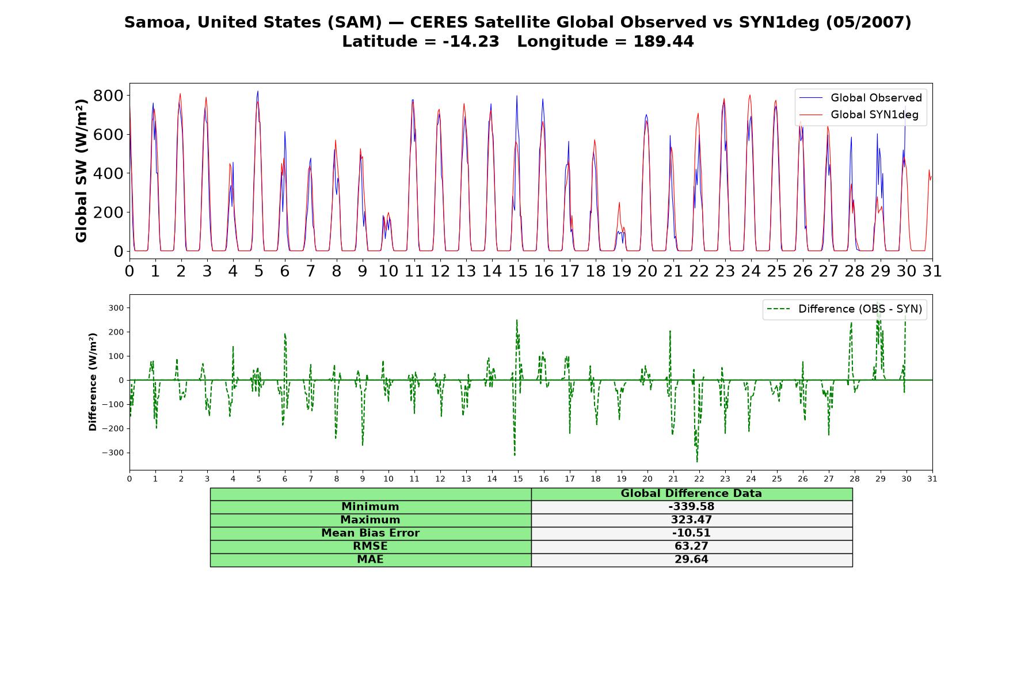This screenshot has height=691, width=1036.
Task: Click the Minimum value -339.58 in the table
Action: (x=691, y=507)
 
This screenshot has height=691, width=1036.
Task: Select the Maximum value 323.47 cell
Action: (x=691, y=520)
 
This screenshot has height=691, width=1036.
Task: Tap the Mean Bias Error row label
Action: (x=370, y=533)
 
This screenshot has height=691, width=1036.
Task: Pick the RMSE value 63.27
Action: (x=691, y=546)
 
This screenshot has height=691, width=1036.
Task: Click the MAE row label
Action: (x=370, y=560)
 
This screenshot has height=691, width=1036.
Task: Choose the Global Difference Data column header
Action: (x=691, y=493)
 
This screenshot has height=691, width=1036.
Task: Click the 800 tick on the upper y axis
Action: (x=108, y=96)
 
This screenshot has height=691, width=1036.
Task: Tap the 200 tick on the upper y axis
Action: (x=108, y=212)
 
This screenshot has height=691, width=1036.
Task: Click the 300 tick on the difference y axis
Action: (x=116, y=308)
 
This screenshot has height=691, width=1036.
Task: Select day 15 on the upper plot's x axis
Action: (x=517, y=271)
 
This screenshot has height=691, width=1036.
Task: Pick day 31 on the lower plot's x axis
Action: (x=932, y=479)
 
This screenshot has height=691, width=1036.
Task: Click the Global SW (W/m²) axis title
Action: (x=82, y=170)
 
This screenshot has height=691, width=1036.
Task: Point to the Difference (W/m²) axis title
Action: (x=93, y=382)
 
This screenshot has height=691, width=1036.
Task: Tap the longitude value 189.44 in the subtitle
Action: (x=664, y=41)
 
